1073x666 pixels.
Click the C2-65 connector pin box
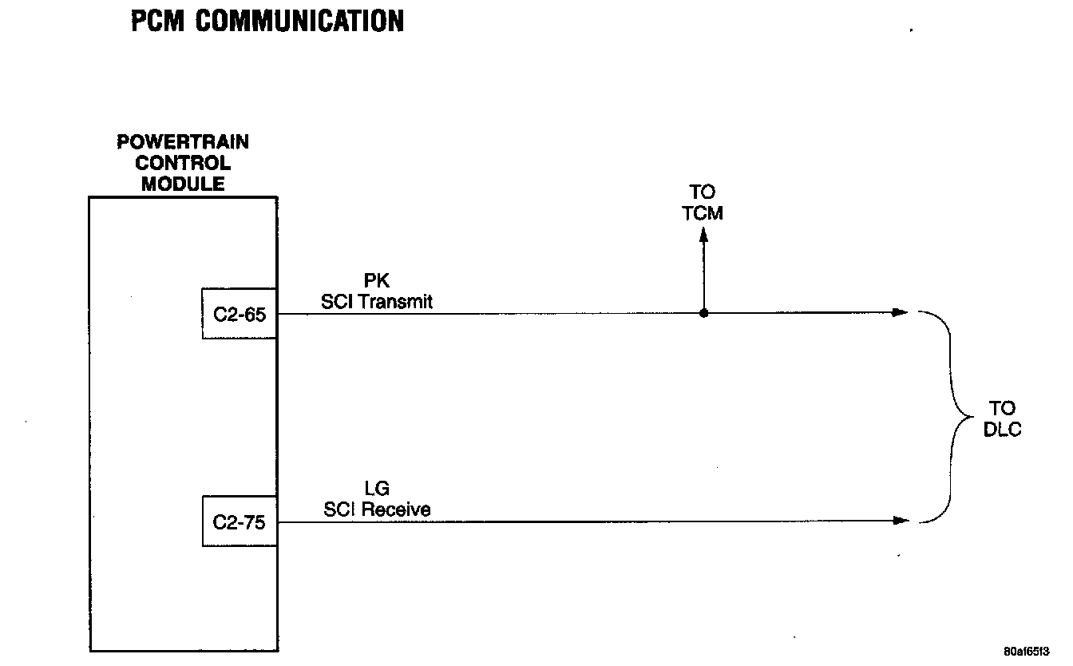[240, 314]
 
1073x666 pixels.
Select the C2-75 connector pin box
[240, 522]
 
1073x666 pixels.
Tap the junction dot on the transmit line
[703, 313]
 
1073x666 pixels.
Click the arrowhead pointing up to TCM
[703, 236]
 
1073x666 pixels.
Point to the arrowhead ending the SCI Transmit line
[901, 312]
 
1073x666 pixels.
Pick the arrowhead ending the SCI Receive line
[901, 521]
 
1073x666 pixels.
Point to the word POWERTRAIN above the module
[183, 142]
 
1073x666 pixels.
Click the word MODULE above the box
[183, 184]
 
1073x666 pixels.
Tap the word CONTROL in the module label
[183, 164]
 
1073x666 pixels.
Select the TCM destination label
[703, 213]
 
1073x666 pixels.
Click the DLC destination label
[1002, 430]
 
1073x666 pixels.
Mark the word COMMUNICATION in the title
[300, 22]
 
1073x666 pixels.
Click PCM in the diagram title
[158, 22]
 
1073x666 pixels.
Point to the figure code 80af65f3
[1027, 650]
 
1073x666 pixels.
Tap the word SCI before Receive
[339, 509]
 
